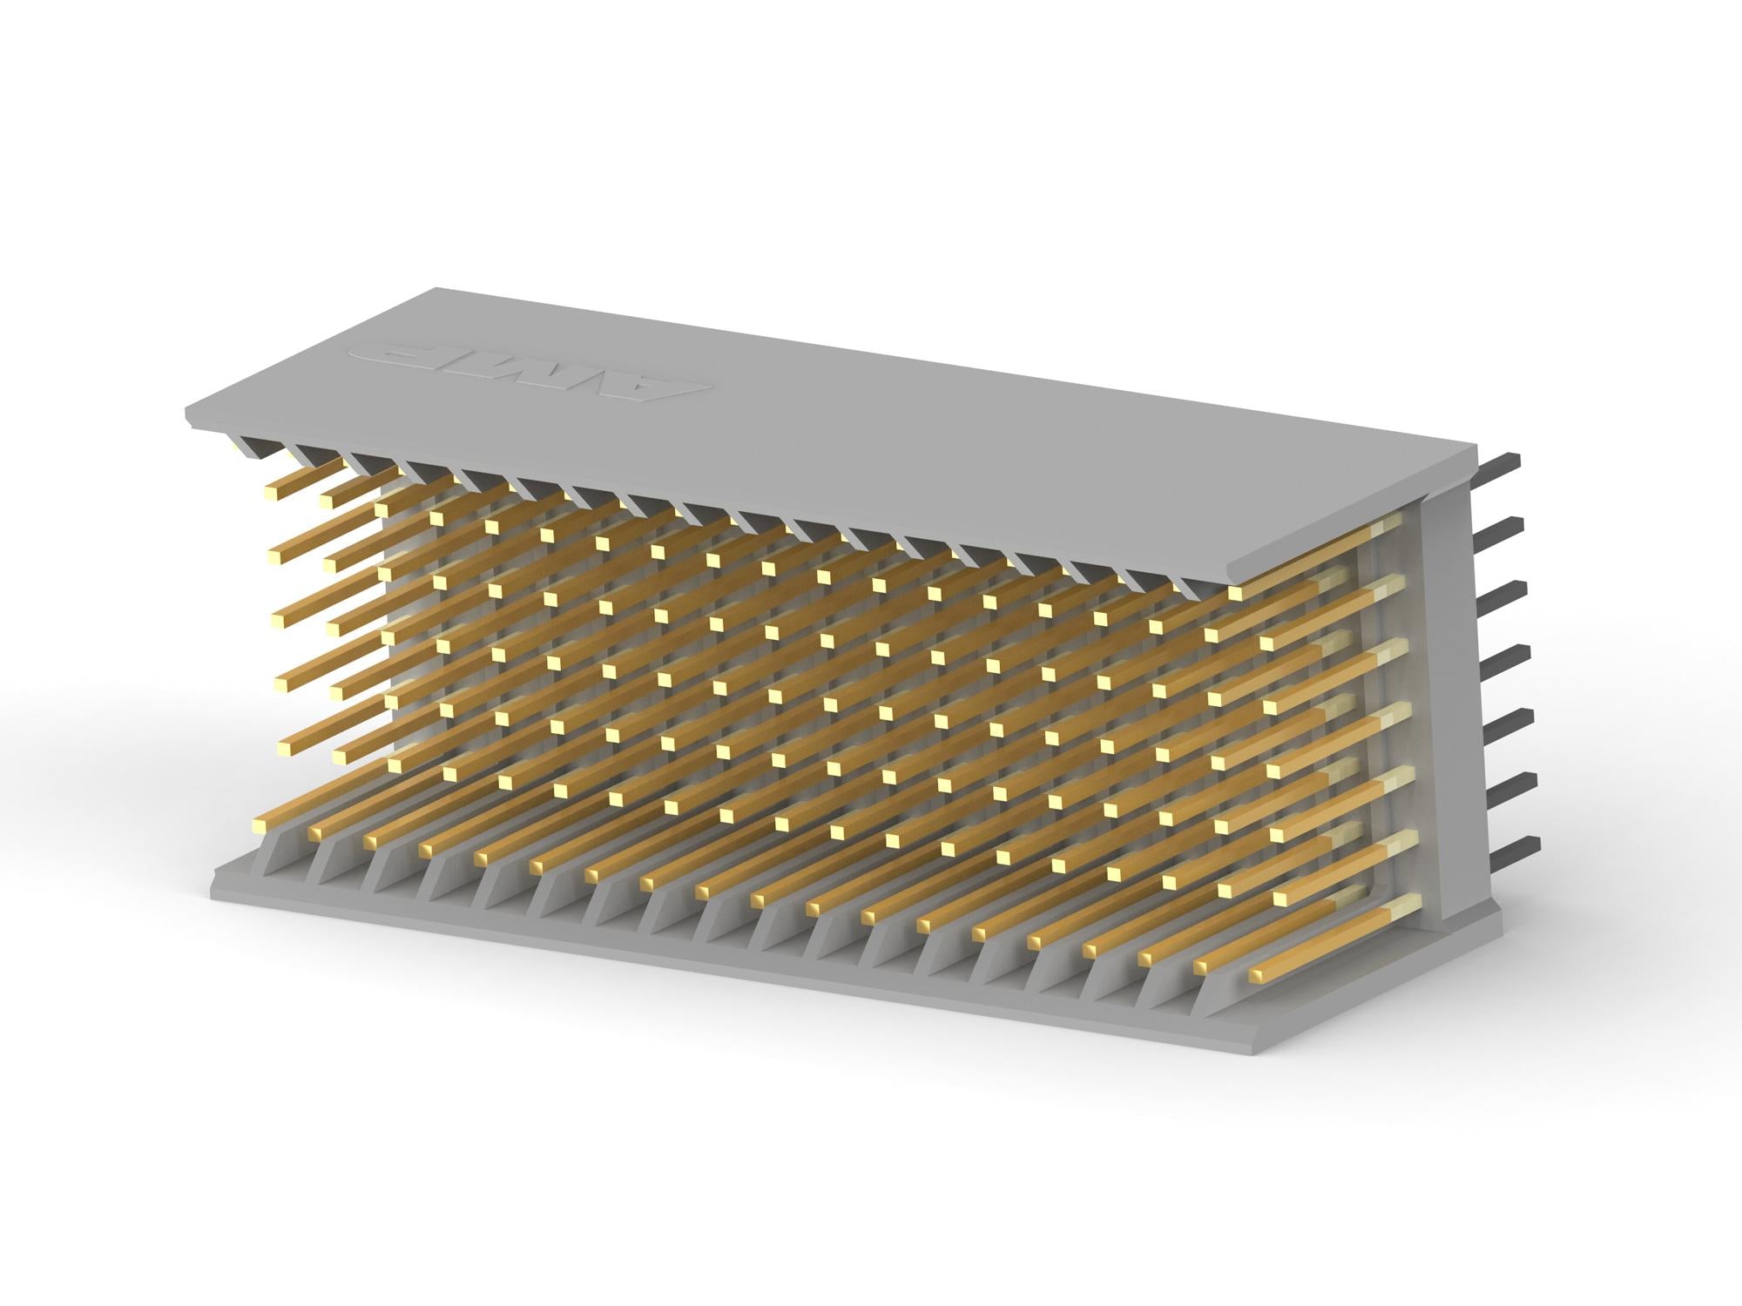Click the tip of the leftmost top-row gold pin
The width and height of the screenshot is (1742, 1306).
click(x=271, y=493)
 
